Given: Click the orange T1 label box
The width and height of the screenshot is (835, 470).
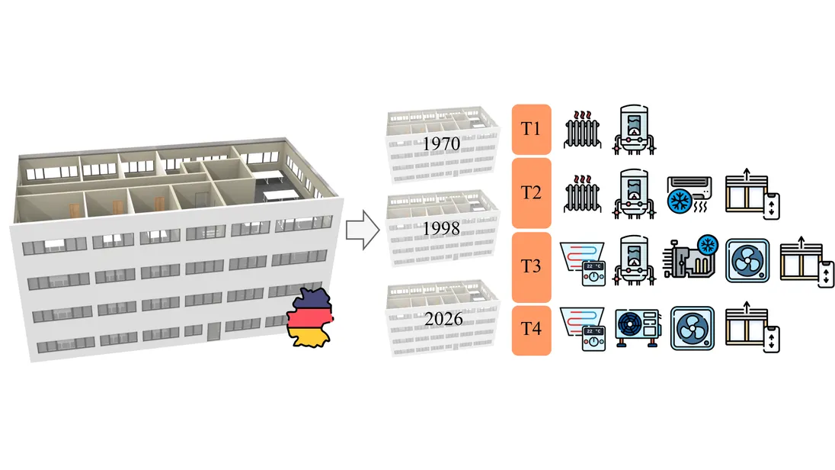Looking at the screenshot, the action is [531, 129].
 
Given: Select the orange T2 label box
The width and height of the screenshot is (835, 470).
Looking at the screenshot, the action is [531, 192].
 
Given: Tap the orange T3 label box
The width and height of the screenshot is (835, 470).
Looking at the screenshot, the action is [531, 266].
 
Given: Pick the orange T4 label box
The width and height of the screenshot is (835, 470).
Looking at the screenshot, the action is [531, 330].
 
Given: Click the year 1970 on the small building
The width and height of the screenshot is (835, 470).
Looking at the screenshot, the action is [441, 144].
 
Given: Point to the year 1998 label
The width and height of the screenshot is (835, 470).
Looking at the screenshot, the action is [441, 229].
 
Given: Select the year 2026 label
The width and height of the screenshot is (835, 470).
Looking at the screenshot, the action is [443, 319].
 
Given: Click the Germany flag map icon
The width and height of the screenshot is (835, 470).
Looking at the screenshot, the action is [310, 317].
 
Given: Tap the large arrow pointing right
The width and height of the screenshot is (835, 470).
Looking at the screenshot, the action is [363, 230].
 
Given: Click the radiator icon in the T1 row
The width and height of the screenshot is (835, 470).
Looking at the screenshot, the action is [583, 130].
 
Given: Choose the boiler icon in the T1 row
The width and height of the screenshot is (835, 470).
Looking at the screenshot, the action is [634, 130].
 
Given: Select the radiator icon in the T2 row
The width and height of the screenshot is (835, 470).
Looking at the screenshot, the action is [583, 194].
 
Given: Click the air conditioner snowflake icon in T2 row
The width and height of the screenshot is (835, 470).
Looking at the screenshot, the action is [689, 195].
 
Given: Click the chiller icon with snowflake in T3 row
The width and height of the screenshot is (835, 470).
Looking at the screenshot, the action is [691, 257].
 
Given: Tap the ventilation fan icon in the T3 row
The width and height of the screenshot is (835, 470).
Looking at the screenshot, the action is [747, 261].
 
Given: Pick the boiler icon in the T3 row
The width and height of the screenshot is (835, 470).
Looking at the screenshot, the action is [634, 261].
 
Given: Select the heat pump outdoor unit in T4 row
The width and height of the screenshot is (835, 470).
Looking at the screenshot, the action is [638, 327].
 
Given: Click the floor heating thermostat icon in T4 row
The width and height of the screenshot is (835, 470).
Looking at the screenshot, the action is [582, 329].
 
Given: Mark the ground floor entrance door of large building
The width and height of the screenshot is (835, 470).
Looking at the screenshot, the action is [214, 331].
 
